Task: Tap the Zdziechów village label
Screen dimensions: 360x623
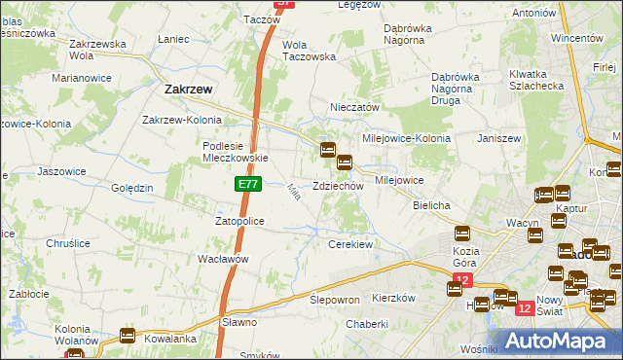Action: [x=338, y=186]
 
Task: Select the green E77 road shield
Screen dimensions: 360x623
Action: [x=246, y=184]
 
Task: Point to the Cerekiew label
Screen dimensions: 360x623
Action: [x=351, y=244]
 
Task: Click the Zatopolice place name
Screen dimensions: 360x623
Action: [x=246, y=221]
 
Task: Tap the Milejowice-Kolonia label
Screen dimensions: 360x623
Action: [x=407, y=138]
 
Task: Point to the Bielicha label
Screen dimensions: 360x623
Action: [x=431, y=206]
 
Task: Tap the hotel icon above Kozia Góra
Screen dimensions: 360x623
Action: [x=462, y=234]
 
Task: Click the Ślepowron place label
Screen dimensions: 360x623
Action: [x=335, y=300]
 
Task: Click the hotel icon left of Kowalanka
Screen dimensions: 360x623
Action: [x=128, y=336]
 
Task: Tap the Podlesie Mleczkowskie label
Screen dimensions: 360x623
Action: [x=234, y=152]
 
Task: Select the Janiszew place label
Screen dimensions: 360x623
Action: [x=500, y=138]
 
